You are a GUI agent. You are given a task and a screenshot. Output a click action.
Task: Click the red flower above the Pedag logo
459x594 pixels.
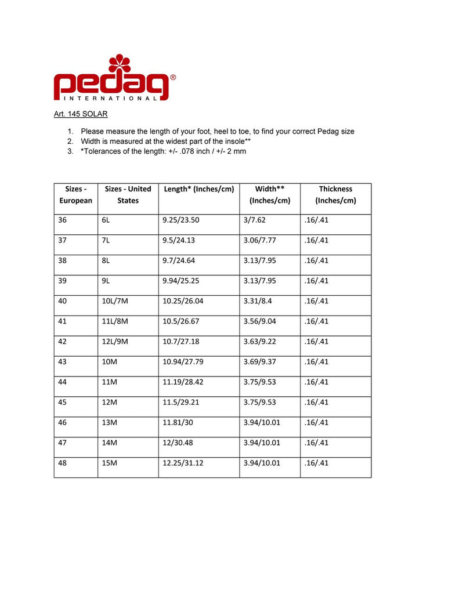[120, 64]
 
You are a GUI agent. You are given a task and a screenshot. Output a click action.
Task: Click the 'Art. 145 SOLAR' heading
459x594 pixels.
[81, 114]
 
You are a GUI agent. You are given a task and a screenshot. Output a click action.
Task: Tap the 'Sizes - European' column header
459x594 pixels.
[75, 195]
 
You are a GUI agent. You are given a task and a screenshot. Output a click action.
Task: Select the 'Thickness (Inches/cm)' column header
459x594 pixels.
[335, 195]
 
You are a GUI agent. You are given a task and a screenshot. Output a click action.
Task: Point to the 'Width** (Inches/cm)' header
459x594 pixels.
[270, 195]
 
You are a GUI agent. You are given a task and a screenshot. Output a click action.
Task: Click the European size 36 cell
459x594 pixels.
[63, 220]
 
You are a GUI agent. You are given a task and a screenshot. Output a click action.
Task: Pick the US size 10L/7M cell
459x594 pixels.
[114, 301]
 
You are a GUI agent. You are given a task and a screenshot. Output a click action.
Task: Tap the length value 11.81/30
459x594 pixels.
[179, 422]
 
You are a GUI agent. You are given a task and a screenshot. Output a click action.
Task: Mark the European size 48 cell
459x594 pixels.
[63, 463]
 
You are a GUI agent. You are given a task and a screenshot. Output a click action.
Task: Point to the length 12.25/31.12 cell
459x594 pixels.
[184, 463]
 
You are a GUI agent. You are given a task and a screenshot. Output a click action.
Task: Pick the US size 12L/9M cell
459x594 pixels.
[114, 342]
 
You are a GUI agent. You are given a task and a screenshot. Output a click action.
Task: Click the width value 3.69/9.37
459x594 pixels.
[261, 362]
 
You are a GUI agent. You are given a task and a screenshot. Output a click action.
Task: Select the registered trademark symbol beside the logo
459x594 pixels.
[173, 77]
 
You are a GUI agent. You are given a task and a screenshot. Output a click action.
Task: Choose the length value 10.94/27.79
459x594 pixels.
[184, 362]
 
